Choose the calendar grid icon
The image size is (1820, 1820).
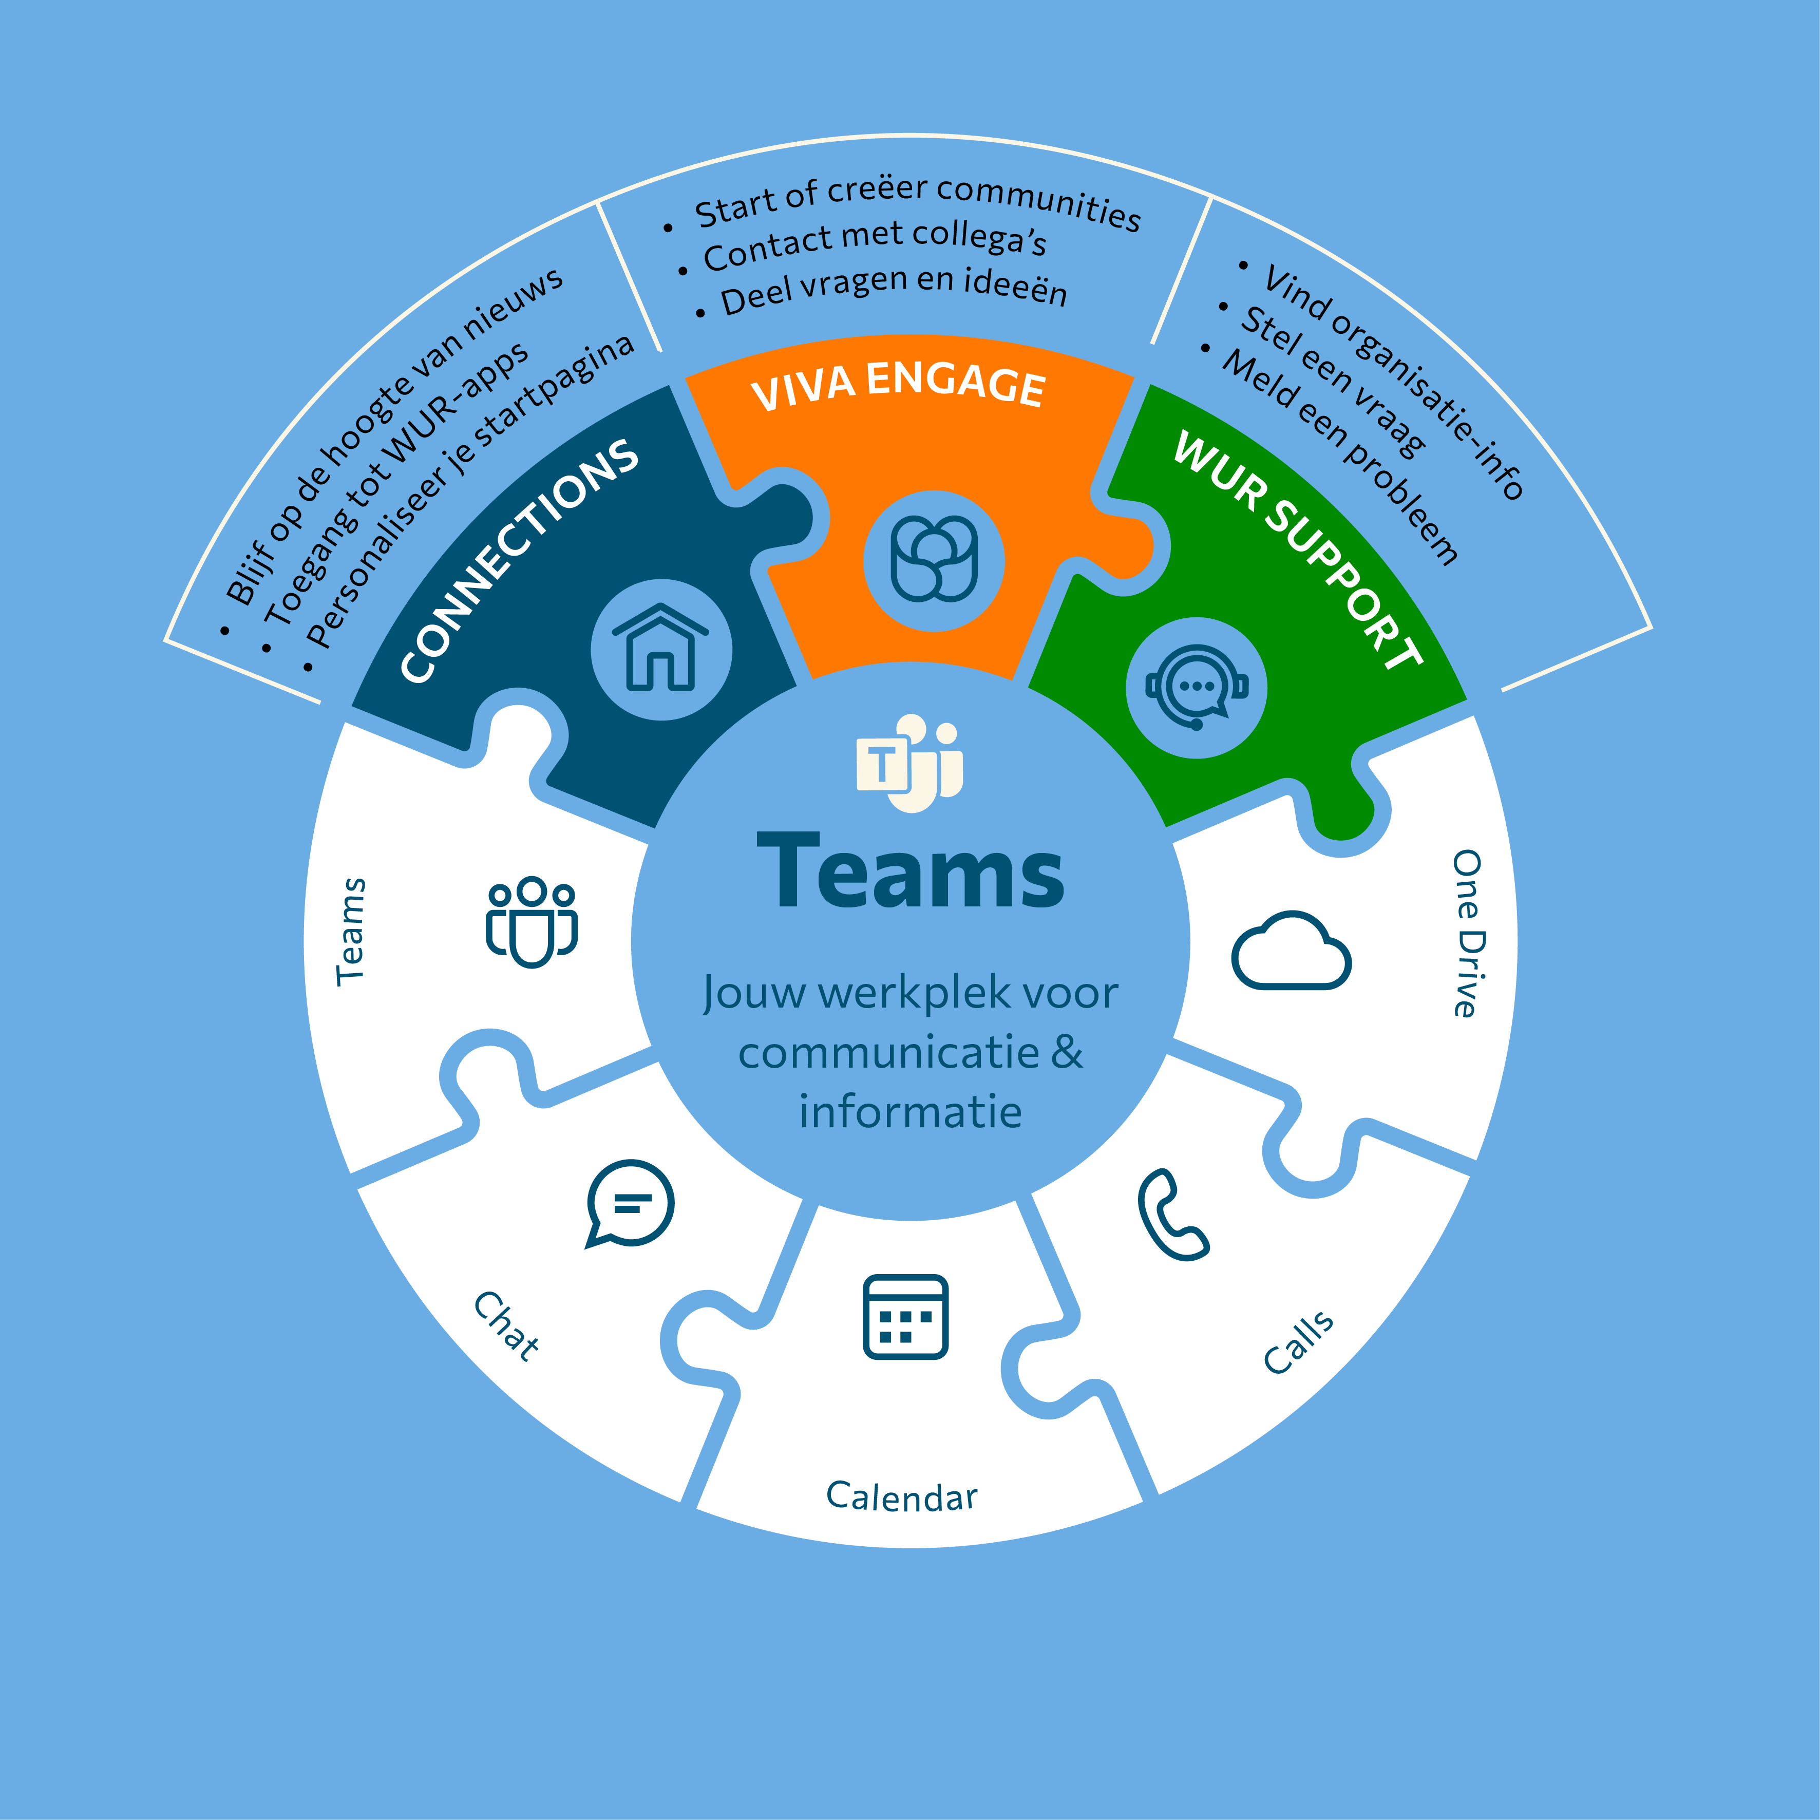click(905, 1317)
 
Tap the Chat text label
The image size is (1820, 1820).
click(507, 1326)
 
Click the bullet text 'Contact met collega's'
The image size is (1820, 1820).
click(874, 243)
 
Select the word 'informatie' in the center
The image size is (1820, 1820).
click(910, 1112)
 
